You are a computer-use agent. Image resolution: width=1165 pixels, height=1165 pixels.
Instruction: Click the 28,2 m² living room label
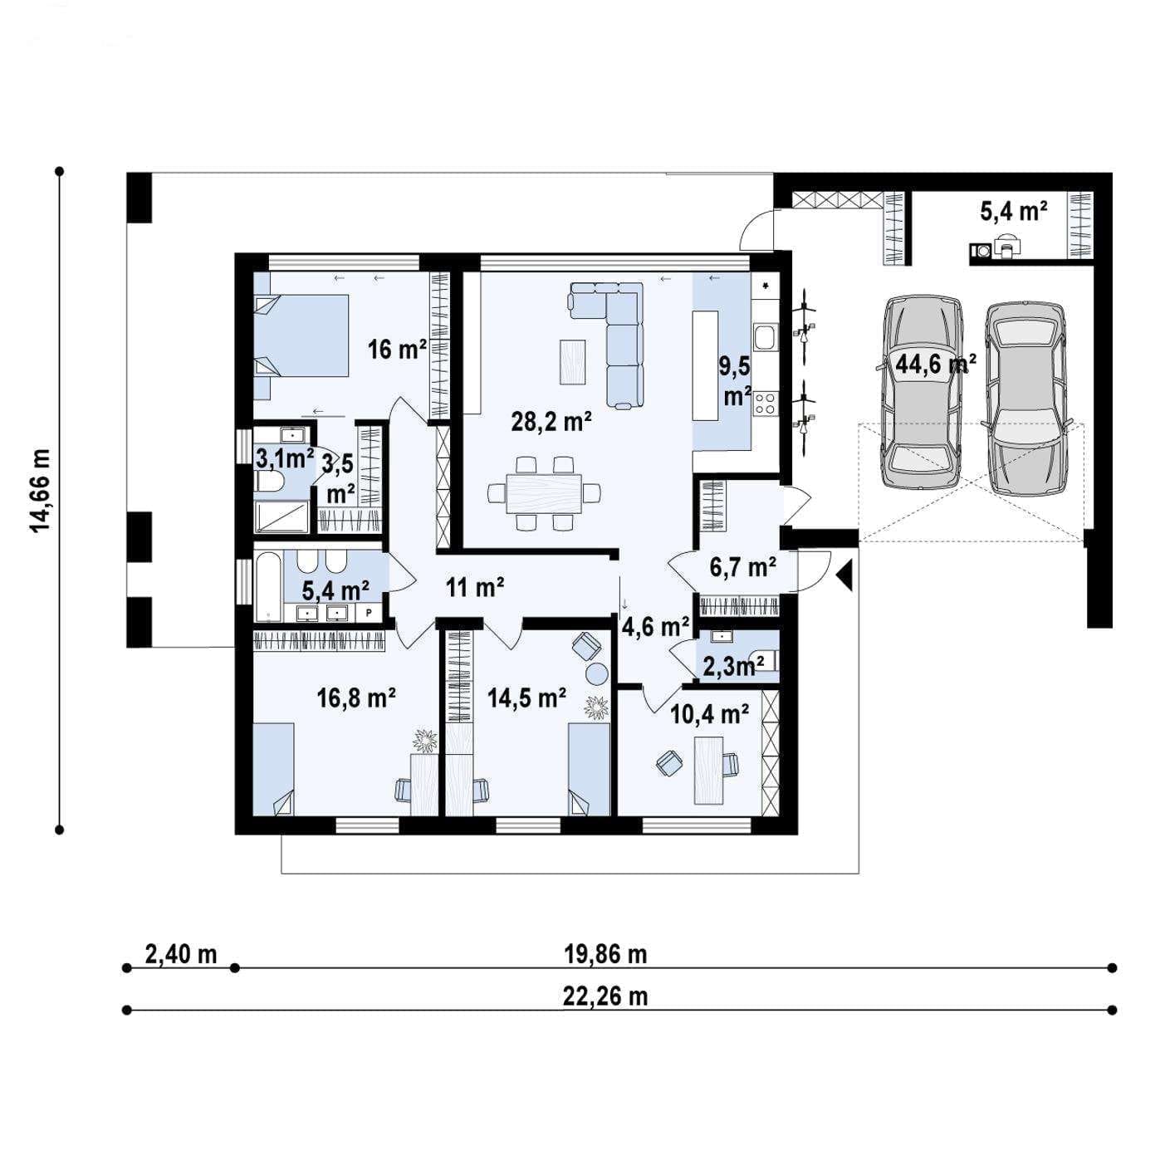coord(551,422)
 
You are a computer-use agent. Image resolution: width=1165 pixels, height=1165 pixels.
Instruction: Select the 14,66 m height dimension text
coord(41,491)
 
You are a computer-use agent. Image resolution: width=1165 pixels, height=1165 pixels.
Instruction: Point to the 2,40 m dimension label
coord(181,954)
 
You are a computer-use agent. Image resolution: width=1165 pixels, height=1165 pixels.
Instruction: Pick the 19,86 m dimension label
coord(605,954)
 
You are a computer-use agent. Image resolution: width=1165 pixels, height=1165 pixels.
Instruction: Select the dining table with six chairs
coord(544,492)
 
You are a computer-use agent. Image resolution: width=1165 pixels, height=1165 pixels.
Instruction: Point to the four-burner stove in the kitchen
coord(766,404)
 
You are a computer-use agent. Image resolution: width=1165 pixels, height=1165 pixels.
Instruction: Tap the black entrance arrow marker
coord(845,575)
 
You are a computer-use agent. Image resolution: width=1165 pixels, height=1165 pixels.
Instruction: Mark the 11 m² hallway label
coord(475,586)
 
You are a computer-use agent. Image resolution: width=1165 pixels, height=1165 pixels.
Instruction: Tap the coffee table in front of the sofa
coord(572,362)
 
